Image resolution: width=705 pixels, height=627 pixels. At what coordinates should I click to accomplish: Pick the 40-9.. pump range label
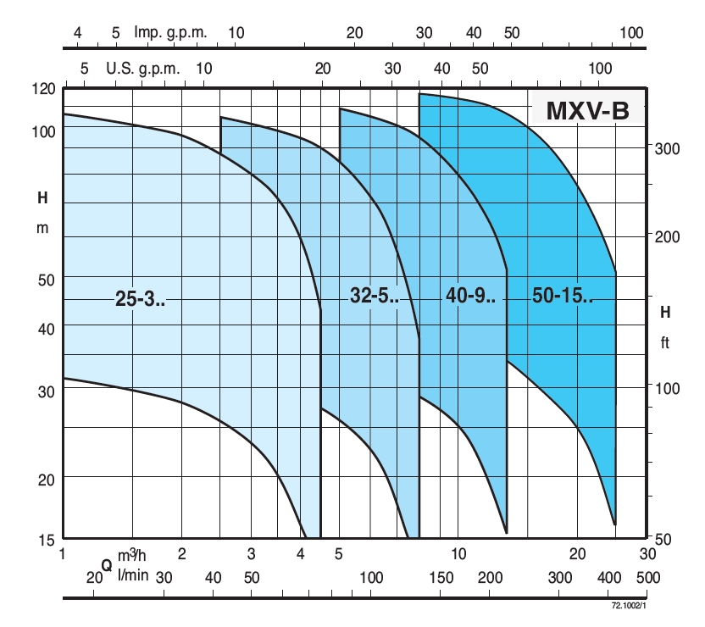[x=470, y=295]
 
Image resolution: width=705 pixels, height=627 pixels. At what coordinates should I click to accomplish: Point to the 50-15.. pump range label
[x=563, y=295]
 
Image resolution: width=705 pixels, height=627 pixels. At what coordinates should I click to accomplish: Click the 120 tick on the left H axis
[x=44, y=88]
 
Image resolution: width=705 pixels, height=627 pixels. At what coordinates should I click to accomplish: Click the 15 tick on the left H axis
[x=47, y=539]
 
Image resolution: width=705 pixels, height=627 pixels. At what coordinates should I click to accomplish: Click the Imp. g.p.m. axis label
[x=170, y=32]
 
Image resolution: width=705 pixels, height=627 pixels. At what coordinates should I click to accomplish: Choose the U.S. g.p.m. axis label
[x=143, y=69]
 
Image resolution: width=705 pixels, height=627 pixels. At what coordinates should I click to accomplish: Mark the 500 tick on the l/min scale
[x=647, y=577]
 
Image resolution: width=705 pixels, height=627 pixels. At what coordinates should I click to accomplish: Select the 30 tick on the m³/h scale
[x=647, y=554]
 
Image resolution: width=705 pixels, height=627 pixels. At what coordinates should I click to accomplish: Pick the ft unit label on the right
[x=666, y=344]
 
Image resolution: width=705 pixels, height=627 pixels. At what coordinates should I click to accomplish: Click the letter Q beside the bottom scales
[x=107, y=565]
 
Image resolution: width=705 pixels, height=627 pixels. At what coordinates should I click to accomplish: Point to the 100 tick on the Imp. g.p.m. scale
[x=632, y=32]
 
